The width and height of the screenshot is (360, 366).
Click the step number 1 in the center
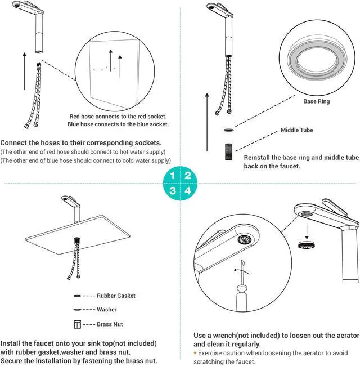(x=173, y=175)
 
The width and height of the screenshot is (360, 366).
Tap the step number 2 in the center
(x=188, y=175)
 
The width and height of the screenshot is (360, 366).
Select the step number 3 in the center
(x=173, y=191)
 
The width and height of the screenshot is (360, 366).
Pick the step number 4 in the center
(x=188, y=191)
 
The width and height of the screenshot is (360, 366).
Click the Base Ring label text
(x=317, y=102)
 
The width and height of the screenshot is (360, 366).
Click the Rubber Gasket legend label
(x=116, y=296)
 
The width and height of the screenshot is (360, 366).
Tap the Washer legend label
(x=107, y=310)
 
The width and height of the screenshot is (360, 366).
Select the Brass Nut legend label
(x=110, y=324)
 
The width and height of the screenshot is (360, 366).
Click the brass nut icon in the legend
(x=78, y=324)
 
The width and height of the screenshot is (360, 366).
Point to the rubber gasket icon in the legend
(x=77, y=296)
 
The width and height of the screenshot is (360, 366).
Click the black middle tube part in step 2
(x=228, y=153)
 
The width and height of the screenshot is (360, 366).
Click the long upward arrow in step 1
(x=24, y=70)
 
